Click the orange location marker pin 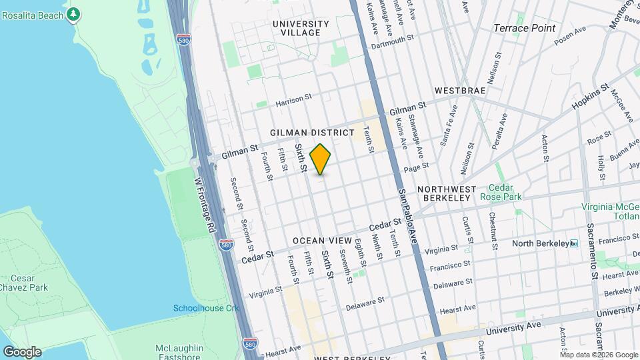coord(321,159)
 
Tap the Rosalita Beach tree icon coord(74,13)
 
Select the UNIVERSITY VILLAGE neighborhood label coord(301,28)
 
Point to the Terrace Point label coord(525,28)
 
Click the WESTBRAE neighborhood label coord(459,90)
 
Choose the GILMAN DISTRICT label coord(312,133)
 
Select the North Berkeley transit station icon coord(573,243)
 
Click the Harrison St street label coord(293,97)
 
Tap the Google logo coord(21,351)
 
